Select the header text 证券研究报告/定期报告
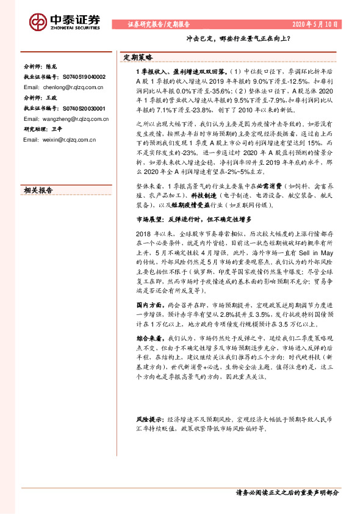pyautogui.click(x=159, y=24)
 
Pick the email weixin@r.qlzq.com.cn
pyautogui.click(x=59, y=140)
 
